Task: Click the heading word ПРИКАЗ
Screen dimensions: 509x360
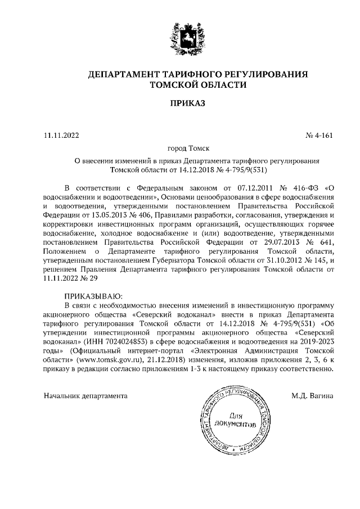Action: (x=180, y=103)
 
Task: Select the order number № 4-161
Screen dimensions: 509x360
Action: (x=319, y=135)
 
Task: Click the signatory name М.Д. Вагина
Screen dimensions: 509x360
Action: (x=313, y=396)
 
